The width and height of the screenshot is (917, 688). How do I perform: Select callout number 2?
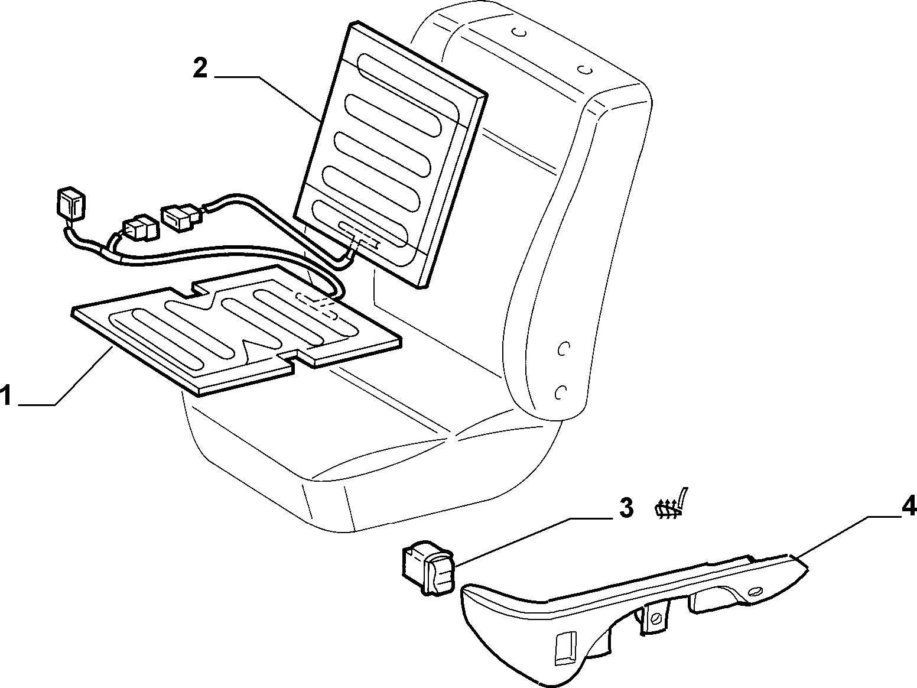coord(200,68)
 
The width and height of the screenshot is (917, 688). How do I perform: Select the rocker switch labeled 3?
coord(428,566)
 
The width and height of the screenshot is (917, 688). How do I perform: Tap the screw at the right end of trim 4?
coord(756,592)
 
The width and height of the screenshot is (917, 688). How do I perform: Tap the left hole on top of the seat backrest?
coord(519,33)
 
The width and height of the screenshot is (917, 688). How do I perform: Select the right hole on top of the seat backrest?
coord(586,69)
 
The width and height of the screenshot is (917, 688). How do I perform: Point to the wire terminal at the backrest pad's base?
coord(359,235)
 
